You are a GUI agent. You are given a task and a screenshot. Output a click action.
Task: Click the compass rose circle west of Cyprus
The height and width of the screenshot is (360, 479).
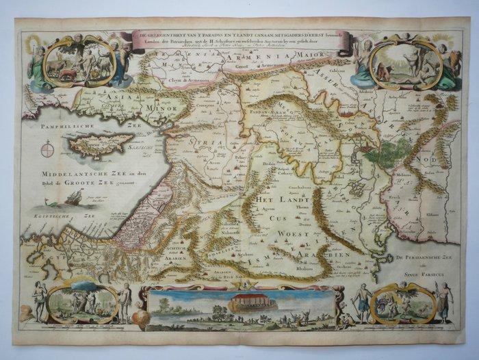(x=47, y=149)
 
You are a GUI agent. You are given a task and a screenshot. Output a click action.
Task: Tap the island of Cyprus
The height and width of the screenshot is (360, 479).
(x=103, y=144)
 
